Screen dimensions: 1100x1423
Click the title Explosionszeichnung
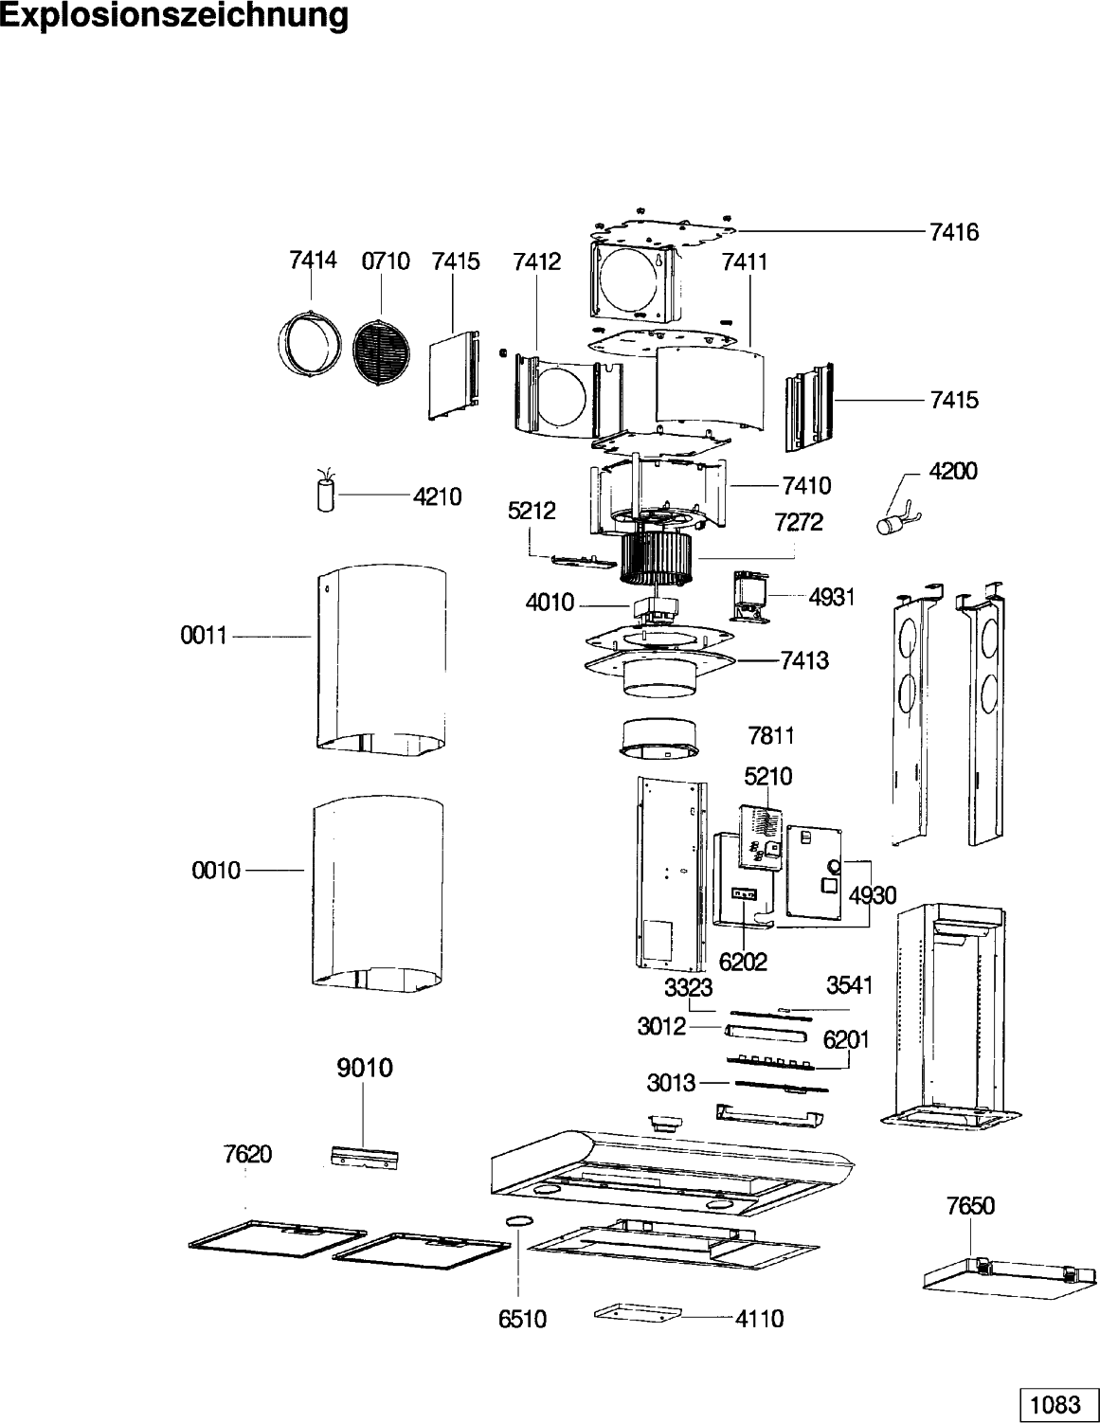173,16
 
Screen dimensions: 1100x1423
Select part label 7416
954,232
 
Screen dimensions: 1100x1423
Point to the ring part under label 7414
309,345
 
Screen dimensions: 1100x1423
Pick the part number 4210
437,496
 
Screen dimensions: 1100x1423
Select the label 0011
204,635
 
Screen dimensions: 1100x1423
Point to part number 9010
365,1068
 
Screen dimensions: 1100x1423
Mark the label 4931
832,597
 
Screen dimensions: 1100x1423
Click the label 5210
768,777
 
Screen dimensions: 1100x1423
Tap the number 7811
771,736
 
